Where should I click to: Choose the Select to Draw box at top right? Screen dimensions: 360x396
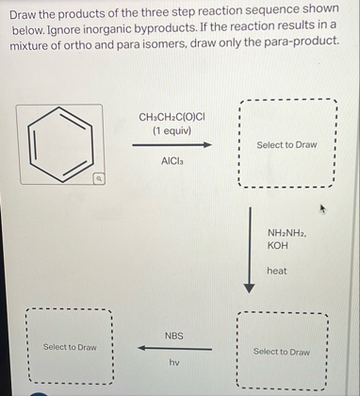coord(286,144)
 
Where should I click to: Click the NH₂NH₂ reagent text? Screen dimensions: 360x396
coord(286,232)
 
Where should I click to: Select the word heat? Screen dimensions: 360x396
coord(277,271)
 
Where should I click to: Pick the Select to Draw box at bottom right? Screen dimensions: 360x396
coord(281,352)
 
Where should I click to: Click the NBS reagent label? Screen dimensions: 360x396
coord(174,336)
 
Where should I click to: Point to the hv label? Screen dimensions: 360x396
coord(174,362)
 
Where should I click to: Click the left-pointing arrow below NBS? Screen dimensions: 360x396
coord(173,349)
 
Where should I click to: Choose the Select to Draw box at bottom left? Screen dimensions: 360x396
coord(69,347)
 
